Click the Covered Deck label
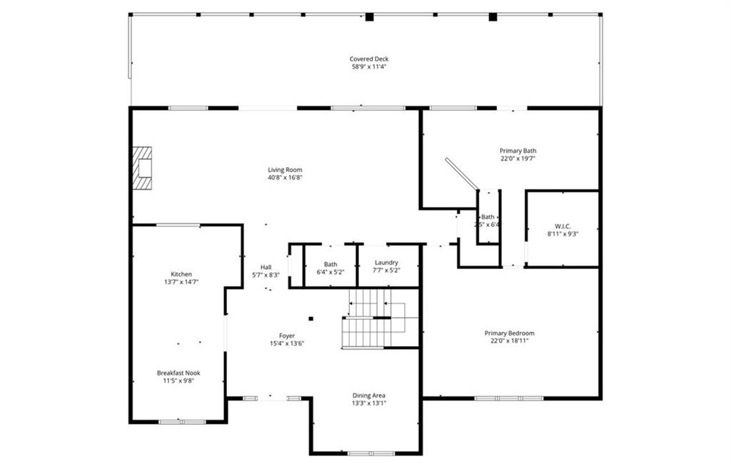click(369, 59)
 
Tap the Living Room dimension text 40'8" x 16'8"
click(285, 178)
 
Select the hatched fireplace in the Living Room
click(143, 168)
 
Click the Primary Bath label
click(518, 151)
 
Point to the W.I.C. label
click(563, 226)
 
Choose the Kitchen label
click(181, 274)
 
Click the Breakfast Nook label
click(178, 373)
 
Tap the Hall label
click(266, 267)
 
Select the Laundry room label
click(386, 263)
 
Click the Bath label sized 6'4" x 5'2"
click(331, 264)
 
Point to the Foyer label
click(287, 336)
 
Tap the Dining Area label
click(369, 395)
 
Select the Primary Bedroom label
click(509, 333)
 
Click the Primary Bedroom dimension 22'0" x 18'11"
click(509, 341)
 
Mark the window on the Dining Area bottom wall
click(370, 453)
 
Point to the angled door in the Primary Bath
click(461, 174)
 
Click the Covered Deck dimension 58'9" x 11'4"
click(369, 67)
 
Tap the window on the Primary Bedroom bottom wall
click(499, 398)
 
